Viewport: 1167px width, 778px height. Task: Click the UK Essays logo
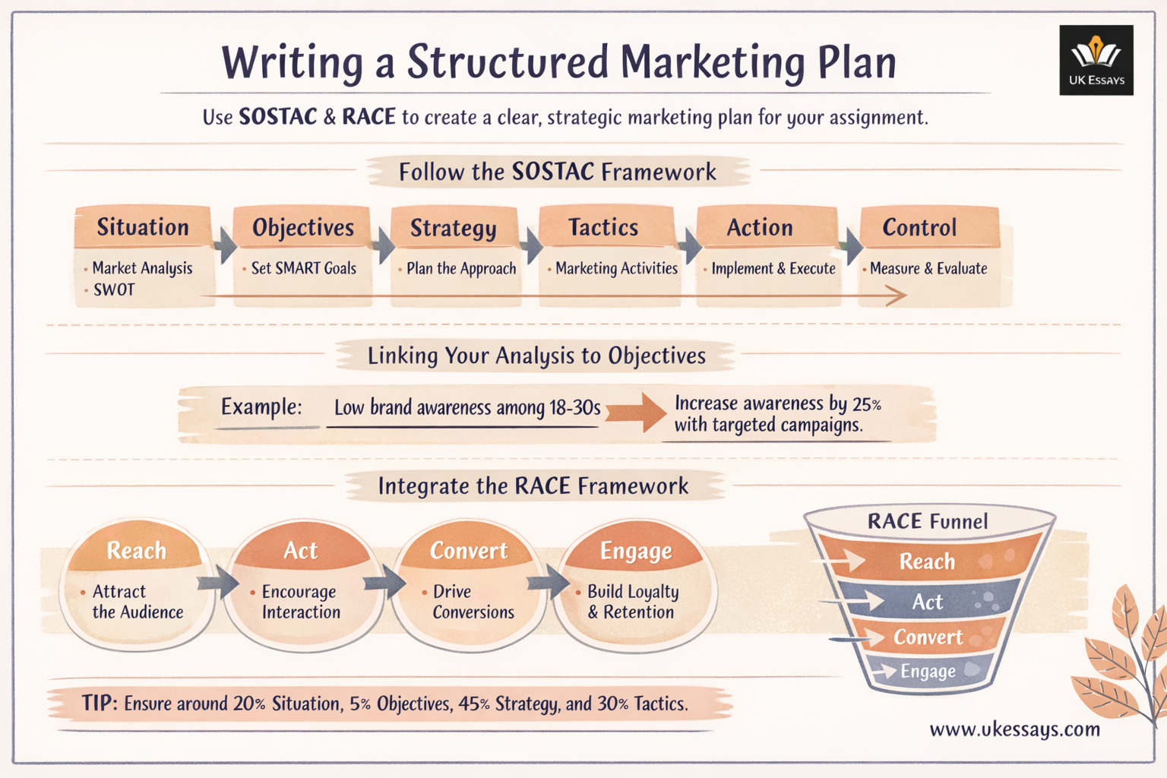(1096, 60)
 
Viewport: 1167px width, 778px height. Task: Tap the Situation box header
(143, 227)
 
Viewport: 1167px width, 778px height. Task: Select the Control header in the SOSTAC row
(919, 227)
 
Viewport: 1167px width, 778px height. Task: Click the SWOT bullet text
(114, 289)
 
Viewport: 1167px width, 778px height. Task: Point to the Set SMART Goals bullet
(303, 268)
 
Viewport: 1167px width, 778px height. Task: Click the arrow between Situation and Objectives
(225, 245)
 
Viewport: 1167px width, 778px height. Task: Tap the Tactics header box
(604, 227)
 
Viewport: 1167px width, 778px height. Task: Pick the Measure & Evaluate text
(928, 268)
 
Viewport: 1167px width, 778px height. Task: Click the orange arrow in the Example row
(637, 412)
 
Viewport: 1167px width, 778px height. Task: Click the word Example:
(261, 407)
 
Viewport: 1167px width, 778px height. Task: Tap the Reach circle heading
(136, 550)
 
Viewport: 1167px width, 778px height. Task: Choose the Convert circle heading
(469, 550)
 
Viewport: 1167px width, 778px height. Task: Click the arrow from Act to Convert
(385, 583)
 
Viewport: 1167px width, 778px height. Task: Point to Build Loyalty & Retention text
(632, 602)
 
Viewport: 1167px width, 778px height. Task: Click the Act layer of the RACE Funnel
(928, 602)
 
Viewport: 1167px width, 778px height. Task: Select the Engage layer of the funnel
(928, 671)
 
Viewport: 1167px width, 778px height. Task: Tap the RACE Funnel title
(928, 521)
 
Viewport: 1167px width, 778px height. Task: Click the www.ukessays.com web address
(1014, 730)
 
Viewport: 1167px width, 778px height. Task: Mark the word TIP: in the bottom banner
(100, 703)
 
